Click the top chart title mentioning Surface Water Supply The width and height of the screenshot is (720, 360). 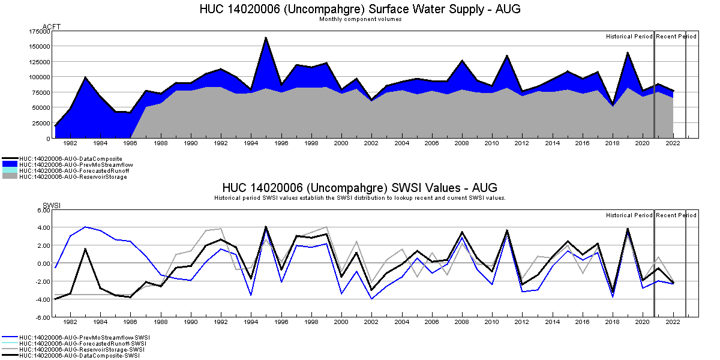pyautogui.click(x=360, y=9)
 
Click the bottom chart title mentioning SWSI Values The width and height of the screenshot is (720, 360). pyautogui.click(x=360, y=188)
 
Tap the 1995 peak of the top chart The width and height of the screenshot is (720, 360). pyautogui.click(x=266, y=38)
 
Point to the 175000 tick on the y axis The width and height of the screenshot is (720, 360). pyautogui.click(x=40, y=31)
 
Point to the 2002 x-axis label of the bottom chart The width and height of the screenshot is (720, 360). pyautogui.click(x=371, y=322)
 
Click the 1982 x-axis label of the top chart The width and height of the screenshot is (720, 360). pyautogui.click(x=70, y=143)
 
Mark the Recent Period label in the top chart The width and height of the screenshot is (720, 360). pyautogui.click(x=676, y=37)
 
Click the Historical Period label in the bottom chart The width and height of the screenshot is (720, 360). pyautogui.click(x=629, y=215)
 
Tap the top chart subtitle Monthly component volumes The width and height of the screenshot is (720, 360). pyautogui.click(x=360, y=19)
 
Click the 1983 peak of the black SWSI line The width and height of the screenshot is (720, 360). pyautogui.click(x=85, y=249)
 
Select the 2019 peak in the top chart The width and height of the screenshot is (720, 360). pyautogui.click(x=628, y=53)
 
